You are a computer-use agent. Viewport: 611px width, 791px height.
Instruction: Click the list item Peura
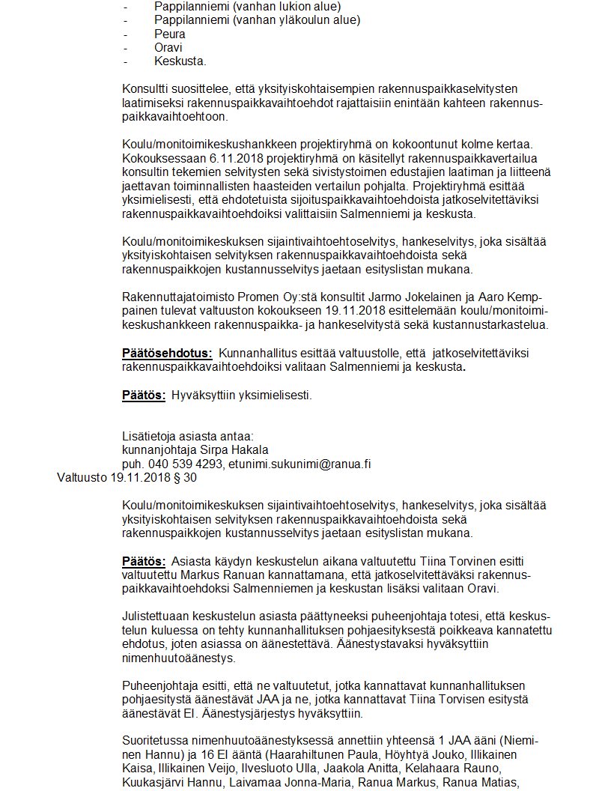[x=169, y=34]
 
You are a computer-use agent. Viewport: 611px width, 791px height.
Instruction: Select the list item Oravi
[x=168, y=47]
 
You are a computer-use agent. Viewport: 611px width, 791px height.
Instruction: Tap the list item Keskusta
[x=180, y=61]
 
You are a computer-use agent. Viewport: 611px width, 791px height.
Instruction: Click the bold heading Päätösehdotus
[x=167, y=353]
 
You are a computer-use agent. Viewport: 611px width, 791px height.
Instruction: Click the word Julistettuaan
[x=156, y=616]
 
